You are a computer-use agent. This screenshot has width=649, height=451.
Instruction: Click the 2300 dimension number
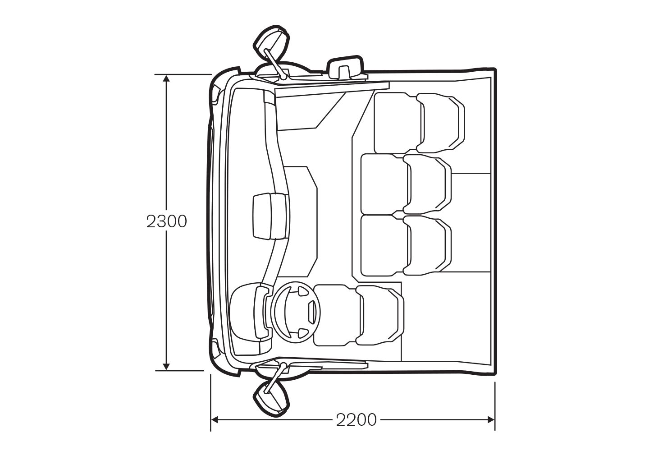click(167, 222)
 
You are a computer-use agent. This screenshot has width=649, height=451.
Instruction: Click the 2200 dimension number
click(356, 420)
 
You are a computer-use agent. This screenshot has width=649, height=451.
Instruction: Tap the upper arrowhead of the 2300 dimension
click(166, 79)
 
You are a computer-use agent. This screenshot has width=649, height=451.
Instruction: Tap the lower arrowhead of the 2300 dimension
click(166, 366)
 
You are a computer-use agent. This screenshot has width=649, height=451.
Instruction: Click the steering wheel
click(297, 312)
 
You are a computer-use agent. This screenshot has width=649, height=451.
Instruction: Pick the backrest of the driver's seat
click(380, 315)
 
